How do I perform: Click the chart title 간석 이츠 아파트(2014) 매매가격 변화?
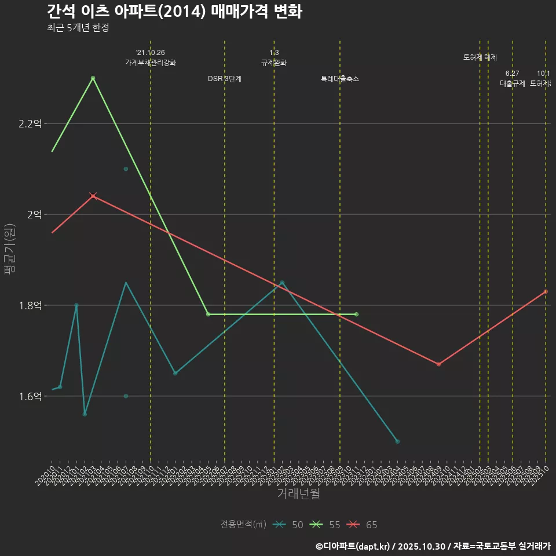(x=174, y=12)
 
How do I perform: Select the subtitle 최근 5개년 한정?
(x=78, y=28)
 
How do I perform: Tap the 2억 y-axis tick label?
(x=34, y=214)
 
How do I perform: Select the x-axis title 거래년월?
(x=298, y=494)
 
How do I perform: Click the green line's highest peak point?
(x=93, y=78)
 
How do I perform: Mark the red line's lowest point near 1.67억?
(x=438, y=364)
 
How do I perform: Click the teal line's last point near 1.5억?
(x=397, y=441)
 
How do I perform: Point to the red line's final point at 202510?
(x=546, y=291)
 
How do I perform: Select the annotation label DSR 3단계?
(x=225, y=79)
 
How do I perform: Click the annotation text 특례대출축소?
(x=340, y=79)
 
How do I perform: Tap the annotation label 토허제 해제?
(x=480, y=57)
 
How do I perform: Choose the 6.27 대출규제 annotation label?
(x=512, y=78)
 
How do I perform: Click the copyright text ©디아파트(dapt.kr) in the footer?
(x=353, y=546)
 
